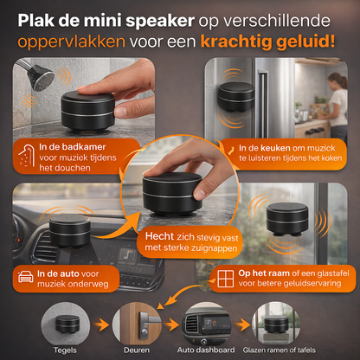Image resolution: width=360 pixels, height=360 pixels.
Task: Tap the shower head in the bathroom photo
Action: (x=36, y=80)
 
